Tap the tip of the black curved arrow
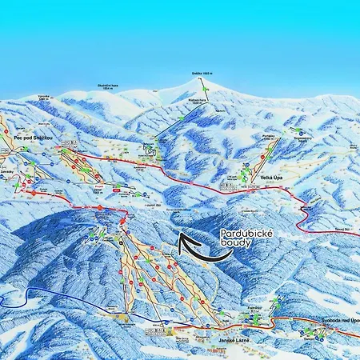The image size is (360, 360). (180, 236)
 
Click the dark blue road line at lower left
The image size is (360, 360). (64, 297)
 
